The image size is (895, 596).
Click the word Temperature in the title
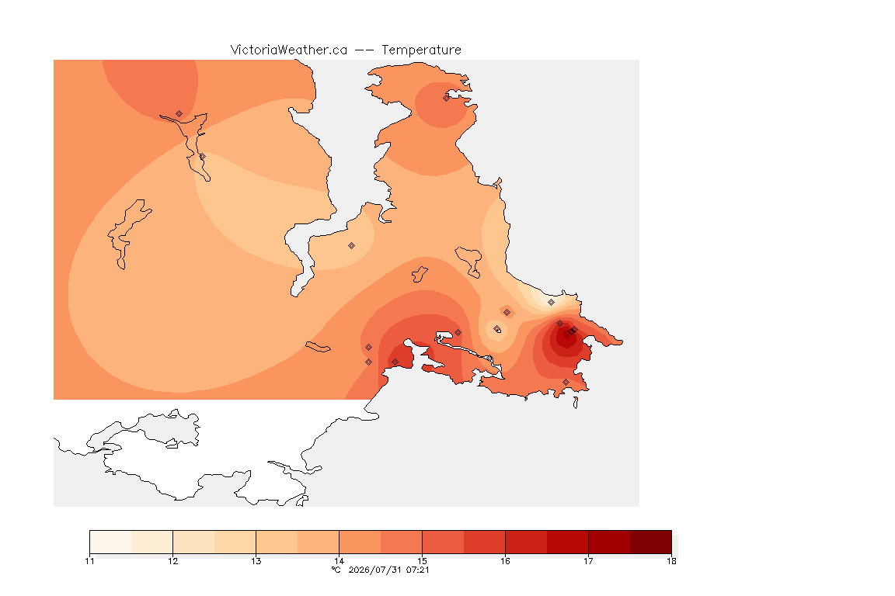tap(421, 50)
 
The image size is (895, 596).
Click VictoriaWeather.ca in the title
tap(289, 50)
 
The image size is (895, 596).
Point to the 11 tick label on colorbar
tap(89, 561)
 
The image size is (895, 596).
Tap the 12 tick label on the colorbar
tap(173, 561)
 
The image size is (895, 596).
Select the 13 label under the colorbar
tap(256, 561)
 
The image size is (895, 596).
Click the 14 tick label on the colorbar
tap(339, 561)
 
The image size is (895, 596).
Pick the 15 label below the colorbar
tap(423, 561)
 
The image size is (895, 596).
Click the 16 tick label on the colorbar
tap(505, 561)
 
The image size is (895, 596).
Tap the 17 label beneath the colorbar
tap(588, 561)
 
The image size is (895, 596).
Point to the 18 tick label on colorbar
tap(671, 561)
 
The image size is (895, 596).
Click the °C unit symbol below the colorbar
tap(336, 570)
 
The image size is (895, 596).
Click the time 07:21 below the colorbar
tap(418, 570)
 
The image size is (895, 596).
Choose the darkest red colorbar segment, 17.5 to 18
tap(651, 542)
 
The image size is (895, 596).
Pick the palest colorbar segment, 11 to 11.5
tap(111, 542)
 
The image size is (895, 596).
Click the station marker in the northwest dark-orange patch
tap(179, 114)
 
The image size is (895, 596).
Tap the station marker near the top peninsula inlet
tap(447, 98)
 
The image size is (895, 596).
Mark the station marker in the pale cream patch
tap(552, 303)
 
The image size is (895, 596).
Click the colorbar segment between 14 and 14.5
tap(360, 542)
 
